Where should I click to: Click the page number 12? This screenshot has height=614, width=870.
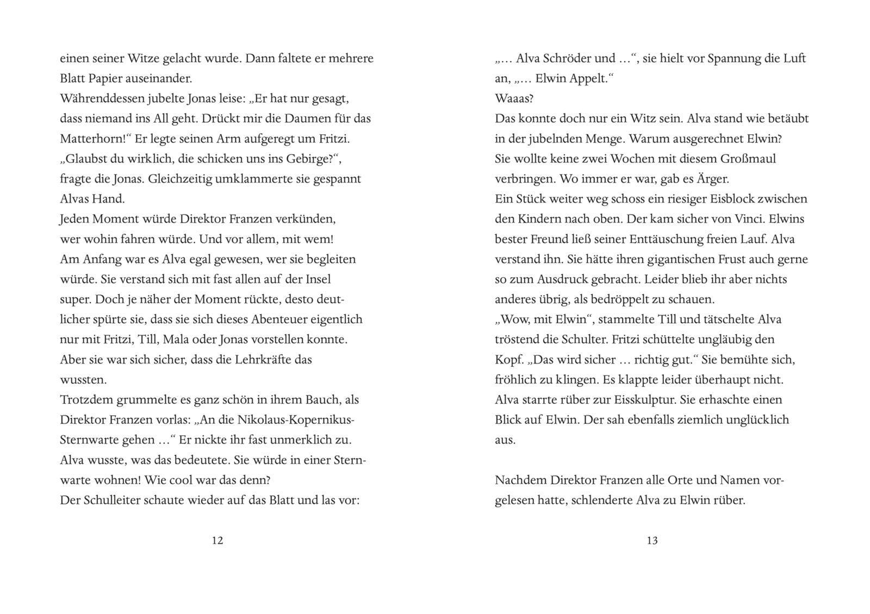[x=217, y=540]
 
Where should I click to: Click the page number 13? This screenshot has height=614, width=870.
[x=652, y=540]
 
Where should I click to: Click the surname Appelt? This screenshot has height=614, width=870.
[x=588, y=78]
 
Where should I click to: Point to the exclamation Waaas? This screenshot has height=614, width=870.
[x=514, y=98]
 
